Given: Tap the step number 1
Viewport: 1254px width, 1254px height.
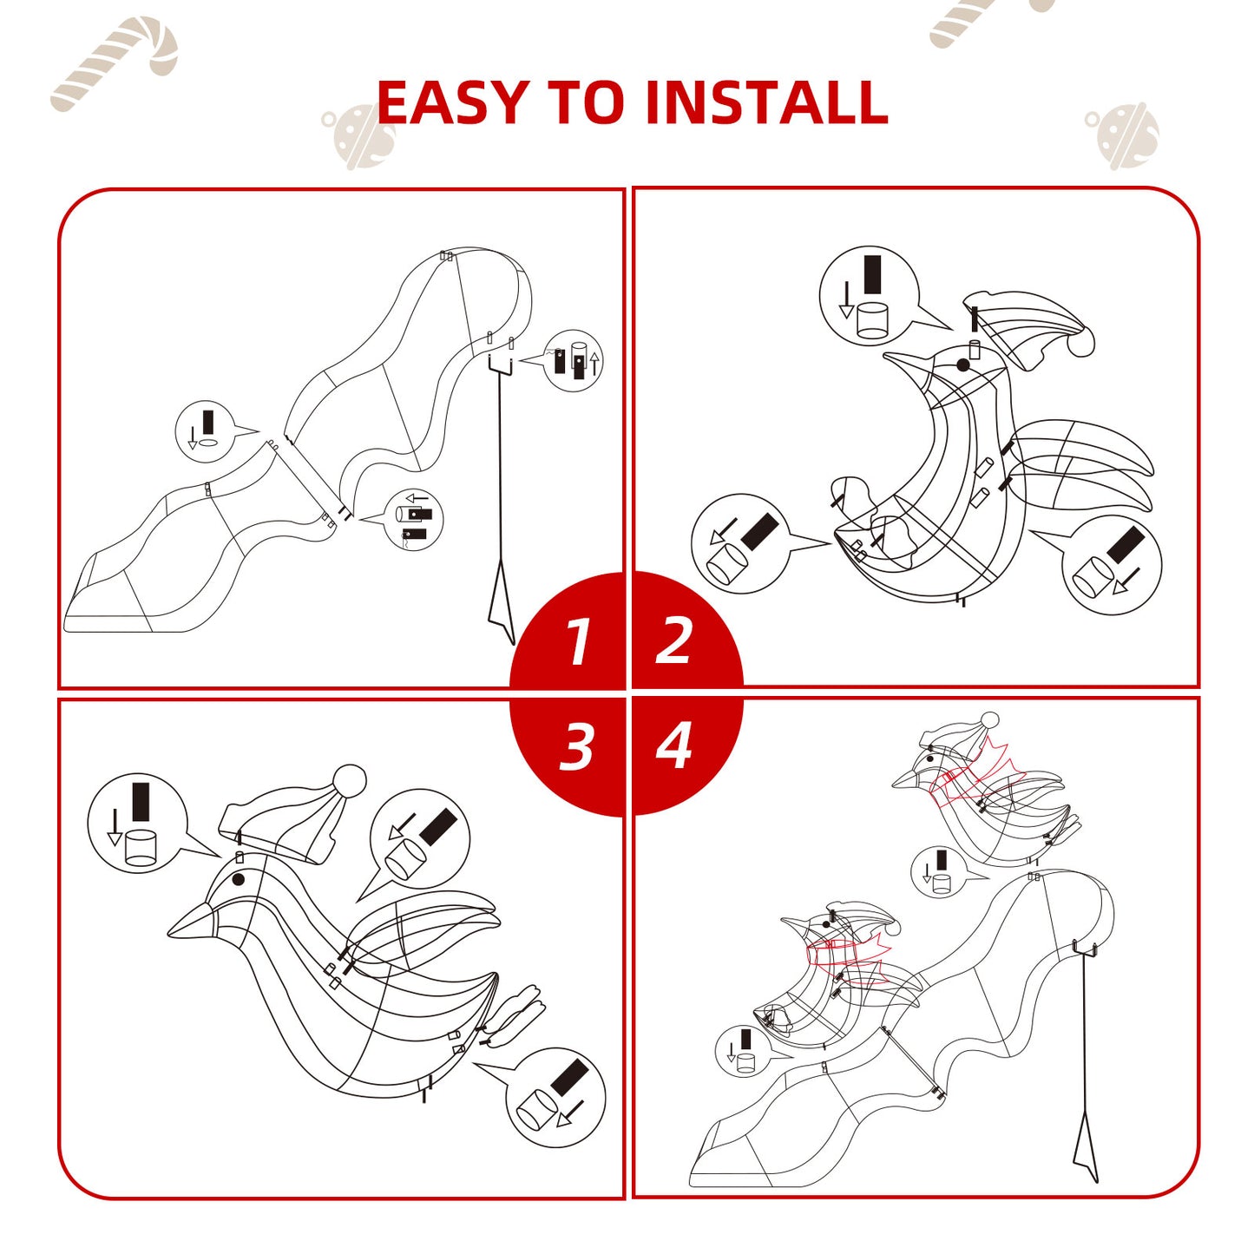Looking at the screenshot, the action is click(578, 641).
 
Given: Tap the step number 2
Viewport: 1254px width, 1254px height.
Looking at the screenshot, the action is click(673, 641).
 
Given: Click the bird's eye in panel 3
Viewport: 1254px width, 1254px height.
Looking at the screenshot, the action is click(239, 879).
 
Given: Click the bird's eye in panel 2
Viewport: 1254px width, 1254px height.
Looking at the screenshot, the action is click(963, 366).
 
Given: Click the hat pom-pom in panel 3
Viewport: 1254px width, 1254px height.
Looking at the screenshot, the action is click(350, 781).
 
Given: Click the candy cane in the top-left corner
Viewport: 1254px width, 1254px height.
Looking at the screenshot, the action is click(115, 63).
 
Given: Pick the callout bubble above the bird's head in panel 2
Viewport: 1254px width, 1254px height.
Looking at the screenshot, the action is click(870, 295).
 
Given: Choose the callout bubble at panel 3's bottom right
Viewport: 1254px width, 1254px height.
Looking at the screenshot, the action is click(555, 1097).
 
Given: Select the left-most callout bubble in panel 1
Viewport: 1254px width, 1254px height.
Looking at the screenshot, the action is click(204, 430).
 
